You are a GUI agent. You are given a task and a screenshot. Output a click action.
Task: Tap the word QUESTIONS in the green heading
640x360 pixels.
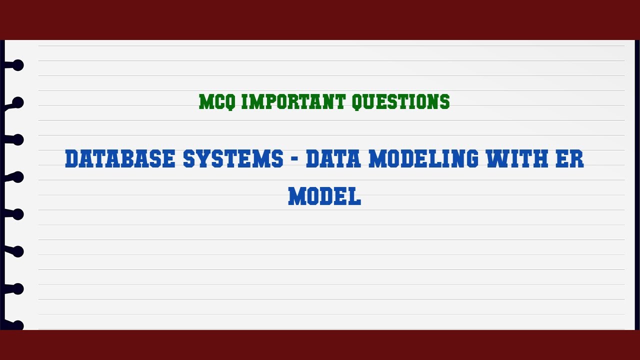click(400, 102)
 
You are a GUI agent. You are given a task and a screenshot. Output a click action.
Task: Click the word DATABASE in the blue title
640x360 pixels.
click(120, 159)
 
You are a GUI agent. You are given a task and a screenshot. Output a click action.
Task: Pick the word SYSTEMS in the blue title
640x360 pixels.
click(233, 159)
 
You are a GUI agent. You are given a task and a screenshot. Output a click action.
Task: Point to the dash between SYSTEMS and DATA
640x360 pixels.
click(294, 160)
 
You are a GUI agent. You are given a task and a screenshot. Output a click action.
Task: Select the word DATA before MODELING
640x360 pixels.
click(334, 159)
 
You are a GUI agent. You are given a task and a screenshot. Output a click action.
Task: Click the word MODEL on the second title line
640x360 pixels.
click(324, 196)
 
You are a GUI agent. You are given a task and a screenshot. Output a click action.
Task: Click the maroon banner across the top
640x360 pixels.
click(320, 19)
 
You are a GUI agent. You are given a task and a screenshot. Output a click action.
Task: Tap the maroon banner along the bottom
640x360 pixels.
click(320, 345)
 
